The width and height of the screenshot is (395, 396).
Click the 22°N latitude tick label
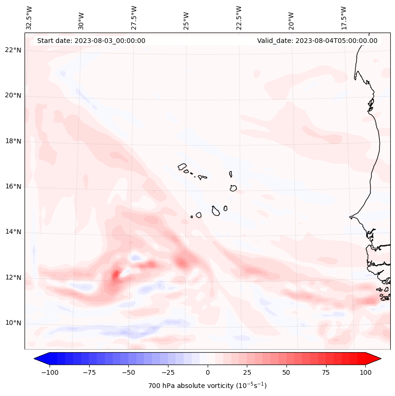(13, 50)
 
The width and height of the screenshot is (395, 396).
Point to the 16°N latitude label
(13, 186)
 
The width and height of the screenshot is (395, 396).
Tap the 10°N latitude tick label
(13, 323)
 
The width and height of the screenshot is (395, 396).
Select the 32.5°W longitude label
(29, 18)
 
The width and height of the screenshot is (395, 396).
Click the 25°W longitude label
(186, 18)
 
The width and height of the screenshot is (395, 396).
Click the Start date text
(91, 41)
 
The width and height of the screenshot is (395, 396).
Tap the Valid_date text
(317, 41)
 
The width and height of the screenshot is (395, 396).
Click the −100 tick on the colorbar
(50, 372)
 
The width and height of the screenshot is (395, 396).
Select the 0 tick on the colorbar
(208, 372)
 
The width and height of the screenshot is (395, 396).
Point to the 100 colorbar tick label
(366, 372)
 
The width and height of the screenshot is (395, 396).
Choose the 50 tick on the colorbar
(286, 372)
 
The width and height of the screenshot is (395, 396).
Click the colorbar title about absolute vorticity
(207, 386)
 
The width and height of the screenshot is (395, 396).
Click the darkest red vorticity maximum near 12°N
(115, 274)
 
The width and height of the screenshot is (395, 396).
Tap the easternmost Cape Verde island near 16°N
(233, 188)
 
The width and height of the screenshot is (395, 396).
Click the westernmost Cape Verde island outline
(182, 167)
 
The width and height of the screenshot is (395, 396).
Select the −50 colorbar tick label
(128, 372)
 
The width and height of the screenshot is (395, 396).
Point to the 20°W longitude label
(291, 18)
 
